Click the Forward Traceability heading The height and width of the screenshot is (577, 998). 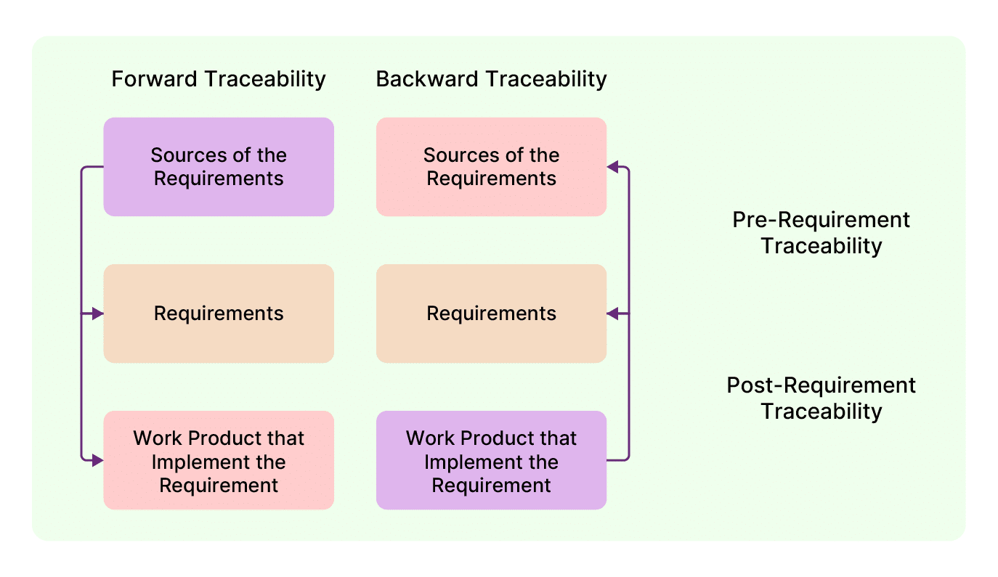pyautogui.click(x=218, y=78)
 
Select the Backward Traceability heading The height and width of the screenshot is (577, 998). pyautogui.click(x=491, y=78)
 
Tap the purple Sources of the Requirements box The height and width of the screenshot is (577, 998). pyautogui.click(x=219, y=167)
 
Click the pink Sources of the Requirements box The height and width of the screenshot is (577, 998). pyautogui.click(x=491, y=167)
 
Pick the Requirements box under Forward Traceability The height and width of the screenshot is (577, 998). pyautogui.click(x=219, y=314)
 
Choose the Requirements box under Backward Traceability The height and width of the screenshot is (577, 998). pyautogui.click(x=491, y=314)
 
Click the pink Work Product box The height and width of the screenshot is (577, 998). pyautogui.click(x=219, y=460)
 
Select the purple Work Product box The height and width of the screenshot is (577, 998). pyautogui.click(x=491, y=460)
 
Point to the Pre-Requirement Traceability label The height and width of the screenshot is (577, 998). pyautogui.click(x=821, y=232)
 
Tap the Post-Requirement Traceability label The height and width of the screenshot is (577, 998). pyautogui.click(x=821, y=398)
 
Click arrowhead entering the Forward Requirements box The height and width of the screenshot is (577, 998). pyautogui.click(x=97, y=314)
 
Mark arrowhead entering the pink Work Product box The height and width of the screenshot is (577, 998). pyautogui.click(x=97, y=460)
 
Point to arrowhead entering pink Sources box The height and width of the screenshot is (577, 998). pyautogui.click(x=613, y=167)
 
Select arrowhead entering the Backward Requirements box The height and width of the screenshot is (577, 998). pyautogui.click(x=613, y=314)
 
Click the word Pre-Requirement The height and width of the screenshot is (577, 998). pyautogui.click(x=821, y=220)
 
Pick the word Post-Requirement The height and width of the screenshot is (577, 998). pyautogui.click(x=821, y=385)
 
